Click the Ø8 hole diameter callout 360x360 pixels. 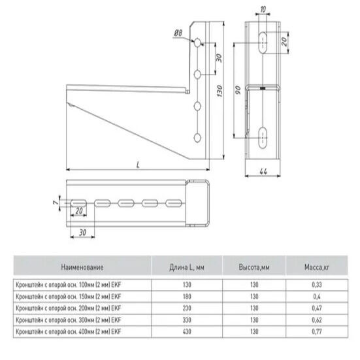[178, 33]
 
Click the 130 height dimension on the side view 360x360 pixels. [220, 91]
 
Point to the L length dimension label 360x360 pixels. [138, 165]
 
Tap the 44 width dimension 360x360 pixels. [263, 171]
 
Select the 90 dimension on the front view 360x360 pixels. [238, 90]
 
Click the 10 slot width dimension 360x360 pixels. [263, 9]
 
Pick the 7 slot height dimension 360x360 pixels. [55, 203]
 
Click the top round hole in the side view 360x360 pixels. [197, 42]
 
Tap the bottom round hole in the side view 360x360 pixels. [197, 138]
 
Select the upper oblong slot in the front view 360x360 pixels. [263, 42]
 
